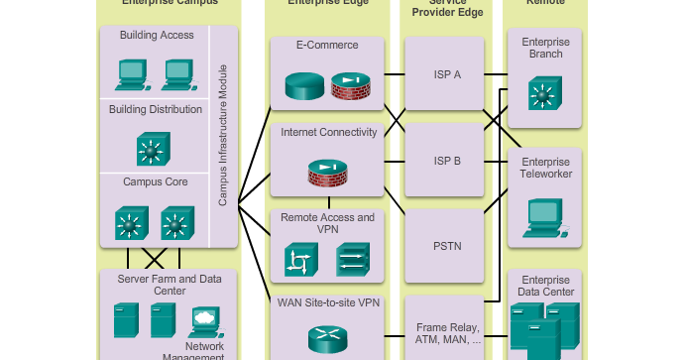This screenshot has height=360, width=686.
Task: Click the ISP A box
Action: pyautogui.click(x=448, y=74)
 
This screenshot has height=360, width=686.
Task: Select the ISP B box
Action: pyautogui.click(x=448, y=160)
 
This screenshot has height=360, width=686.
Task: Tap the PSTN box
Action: pyautogui.click(x=448, y=245)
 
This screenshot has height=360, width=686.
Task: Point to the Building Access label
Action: pyautogui.click(x=157, y=36)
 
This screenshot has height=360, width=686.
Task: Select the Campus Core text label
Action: pyautogui.click(x=156, y=182)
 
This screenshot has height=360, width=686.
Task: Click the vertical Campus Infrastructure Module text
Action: pyautogui.click(x=224, y=136)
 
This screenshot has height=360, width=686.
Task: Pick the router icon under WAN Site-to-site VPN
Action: pyautogui.click(x=328, y=339)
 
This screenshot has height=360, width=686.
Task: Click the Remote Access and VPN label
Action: pyautogui.click(x=328, y=224)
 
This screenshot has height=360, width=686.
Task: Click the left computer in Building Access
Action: pyautogui.click(x=132, y=70)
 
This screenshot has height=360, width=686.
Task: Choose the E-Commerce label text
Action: pyautogui.click(x=327, y=46)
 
